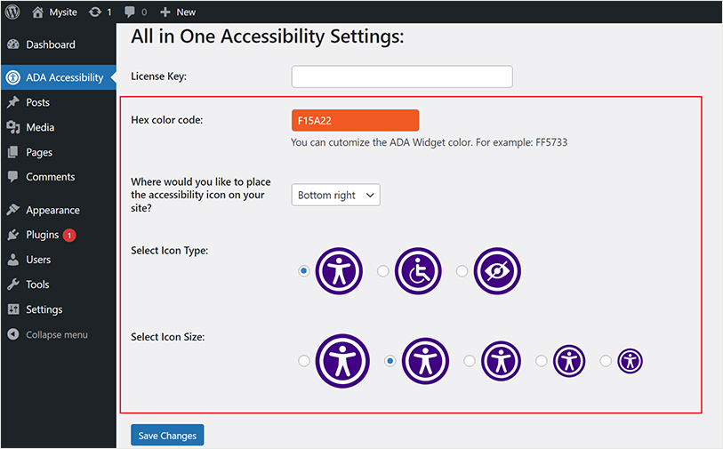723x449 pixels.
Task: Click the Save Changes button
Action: (x=167, y=435)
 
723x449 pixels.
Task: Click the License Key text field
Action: (x=401, y=76)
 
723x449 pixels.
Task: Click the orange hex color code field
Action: (x=355, y=120)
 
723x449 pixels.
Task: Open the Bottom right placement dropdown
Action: (x=335, y=195)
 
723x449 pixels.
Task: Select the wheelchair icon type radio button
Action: (x=383, y=271)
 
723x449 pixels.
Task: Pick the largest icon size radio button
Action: (x=304, y=361)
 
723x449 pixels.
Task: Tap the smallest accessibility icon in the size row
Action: (x=630, y=361)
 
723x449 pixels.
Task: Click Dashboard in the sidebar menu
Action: (x=51, y=44)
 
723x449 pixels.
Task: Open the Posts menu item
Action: (x=37, y=102)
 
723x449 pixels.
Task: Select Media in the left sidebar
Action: (x=40, y=127)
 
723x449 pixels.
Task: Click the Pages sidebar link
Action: (x=39, y=152)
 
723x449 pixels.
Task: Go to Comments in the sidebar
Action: (x=51, y=177)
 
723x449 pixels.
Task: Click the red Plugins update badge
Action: (x=69, y=235)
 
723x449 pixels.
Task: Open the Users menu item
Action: (x=38, y=260)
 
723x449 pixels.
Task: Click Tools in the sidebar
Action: (x=37, y=285)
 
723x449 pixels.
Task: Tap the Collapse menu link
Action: (x=56, y=334)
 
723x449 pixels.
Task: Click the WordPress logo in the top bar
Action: (x=12, y=12)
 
